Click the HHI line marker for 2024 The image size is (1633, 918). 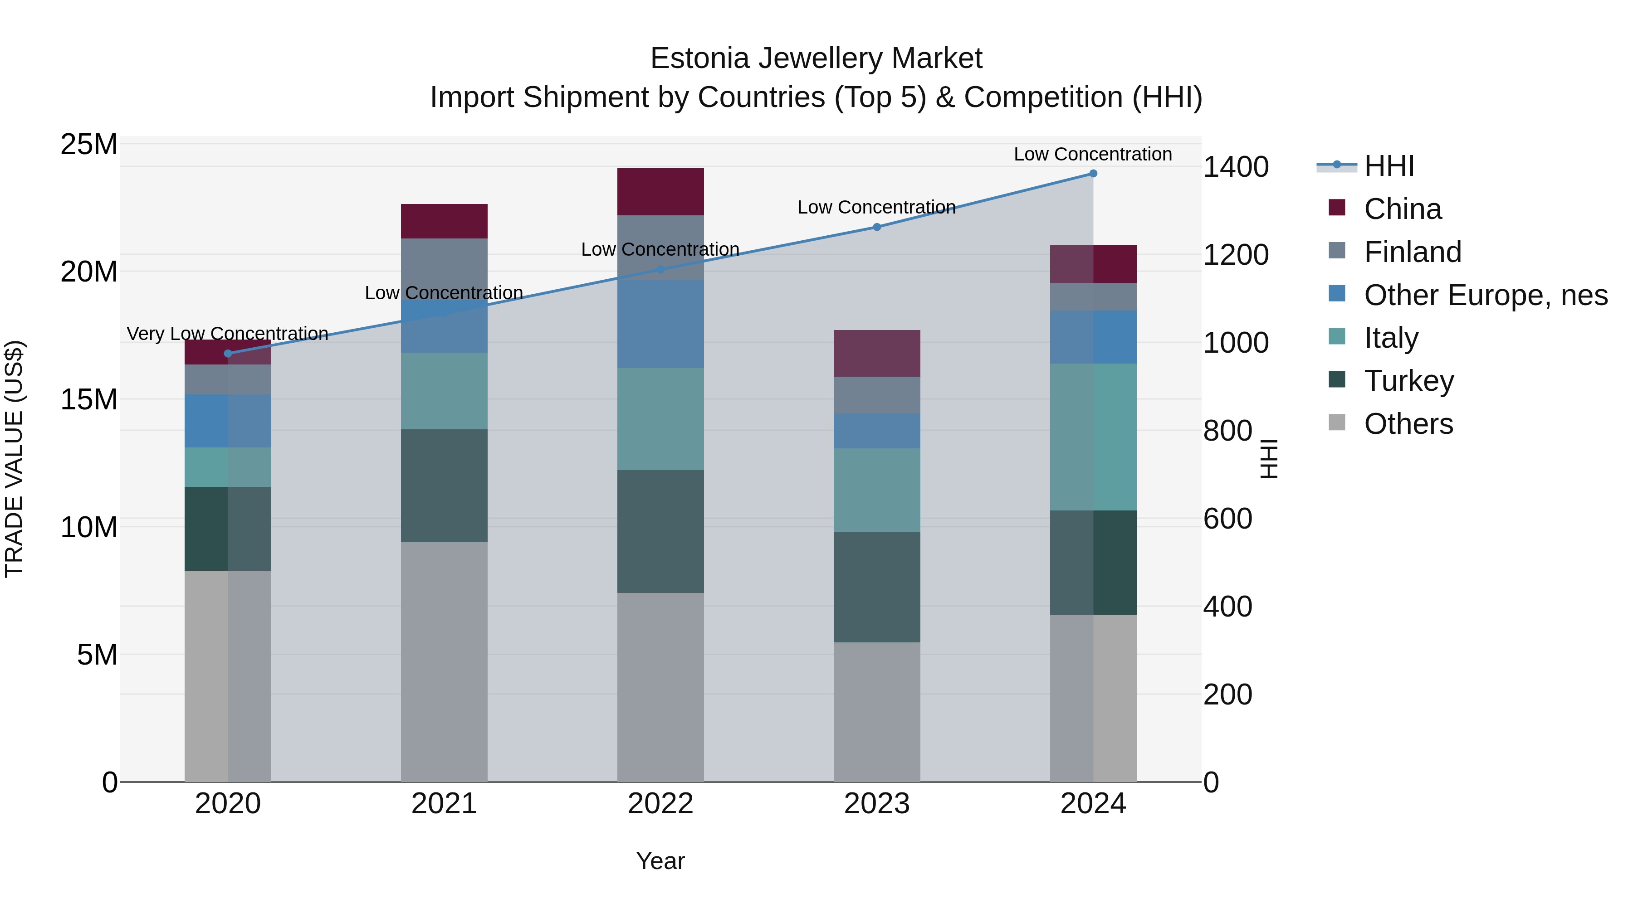[1093, 174]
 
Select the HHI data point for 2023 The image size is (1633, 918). [877, 227]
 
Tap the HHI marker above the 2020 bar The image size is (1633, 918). [228, 354]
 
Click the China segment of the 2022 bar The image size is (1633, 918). [660, 192]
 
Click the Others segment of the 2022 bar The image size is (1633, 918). [660, 687]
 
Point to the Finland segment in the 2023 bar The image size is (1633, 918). [877, 395]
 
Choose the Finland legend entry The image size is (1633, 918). [1413, 252]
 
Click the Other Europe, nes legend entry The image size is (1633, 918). [1485, 295]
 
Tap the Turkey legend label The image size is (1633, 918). [1408, 381]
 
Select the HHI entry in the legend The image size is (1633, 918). [1389, 166]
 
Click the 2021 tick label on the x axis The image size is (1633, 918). [444, 804]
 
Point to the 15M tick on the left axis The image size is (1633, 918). [89, 400]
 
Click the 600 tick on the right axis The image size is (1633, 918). [1227, 519]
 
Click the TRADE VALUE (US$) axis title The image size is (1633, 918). [14, 459]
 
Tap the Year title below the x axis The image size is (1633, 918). [660, 861]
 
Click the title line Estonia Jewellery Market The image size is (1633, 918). [816, 58]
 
